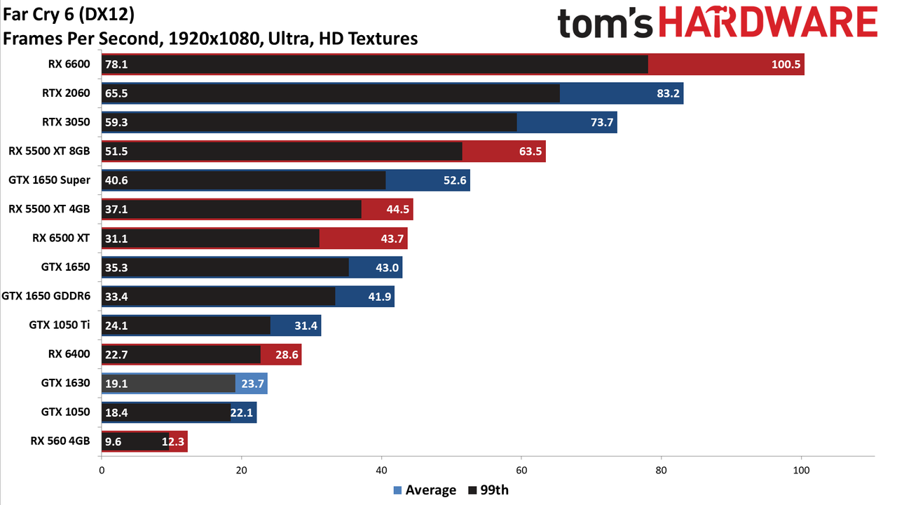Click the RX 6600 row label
[x=69, y=64]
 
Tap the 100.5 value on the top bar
[x=786, y=65]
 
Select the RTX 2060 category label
[x=66, y=93]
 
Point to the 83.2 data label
[x=668, y=93]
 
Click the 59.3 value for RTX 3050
[x=116, y=122]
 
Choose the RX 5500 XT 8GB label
[x=49, y=151]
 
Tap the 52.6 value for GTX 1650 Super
[x=455, y=180]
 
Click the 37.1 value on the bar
[x=116, y=209]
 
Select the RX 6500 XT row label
[x=61, y=238]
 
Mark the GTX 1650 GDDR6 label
[x=46, y=296]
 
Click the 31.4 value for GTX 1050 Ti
[x=306, y=325]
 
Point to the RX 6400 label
[x=69, y=354]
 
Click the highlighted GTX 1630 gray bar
[x=168, y=384]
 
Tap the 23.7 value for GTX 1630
[x=252, y=384]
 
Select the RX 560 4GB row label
[x=60, y=441]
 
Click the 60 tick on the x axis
[x=521, y=471]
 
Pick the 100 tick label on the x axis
[x=801, y=471]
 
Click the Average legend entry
[x=425, y=490]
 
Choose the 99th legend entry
[x=488, y=490]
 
